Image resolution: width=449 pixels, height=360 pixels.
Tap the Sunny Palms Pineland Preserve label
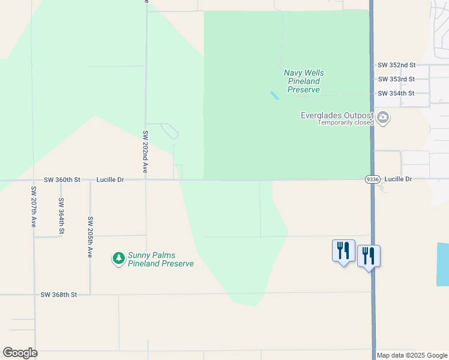pos(161,259)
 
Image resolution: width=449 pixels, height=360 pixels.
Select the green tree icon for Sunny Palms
pos(118,259)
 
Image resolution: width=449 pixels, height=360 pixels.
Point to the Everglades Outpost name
pos(337,116)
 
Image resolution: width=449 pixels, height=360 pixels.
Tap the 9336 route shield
pos(372,179)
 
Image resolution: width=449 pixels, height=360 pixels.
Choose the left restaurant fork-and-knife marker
pos(343,250)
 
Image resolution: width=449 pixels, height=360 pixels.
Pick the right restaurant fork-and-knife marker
pos(369,256)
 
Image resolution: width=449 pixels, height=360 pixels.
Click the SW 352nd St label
pos(396,65)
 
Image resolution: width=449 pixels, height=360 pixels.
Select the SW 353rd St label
pos(396,79)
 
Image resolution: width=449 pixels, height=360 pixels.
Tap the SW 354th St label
pos(396,94)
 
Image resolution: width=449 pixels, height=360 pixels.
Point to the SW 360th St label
pos(62,179)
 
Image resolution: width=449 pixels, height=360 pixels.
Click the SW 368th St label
pos(59,295)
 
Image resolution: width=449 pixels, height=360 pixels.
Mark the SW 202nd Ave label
pos(145,152)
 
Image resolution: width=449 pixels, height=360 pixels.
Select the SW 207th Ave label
pos(34,206)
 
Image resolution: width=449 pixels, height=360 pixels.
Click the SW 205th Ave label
pos(90,238)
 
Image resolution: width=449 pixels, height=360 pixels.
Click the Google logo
pos(20,353)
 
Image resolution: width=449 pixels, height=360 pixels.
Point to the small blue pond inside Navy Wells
pos(274,95)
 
